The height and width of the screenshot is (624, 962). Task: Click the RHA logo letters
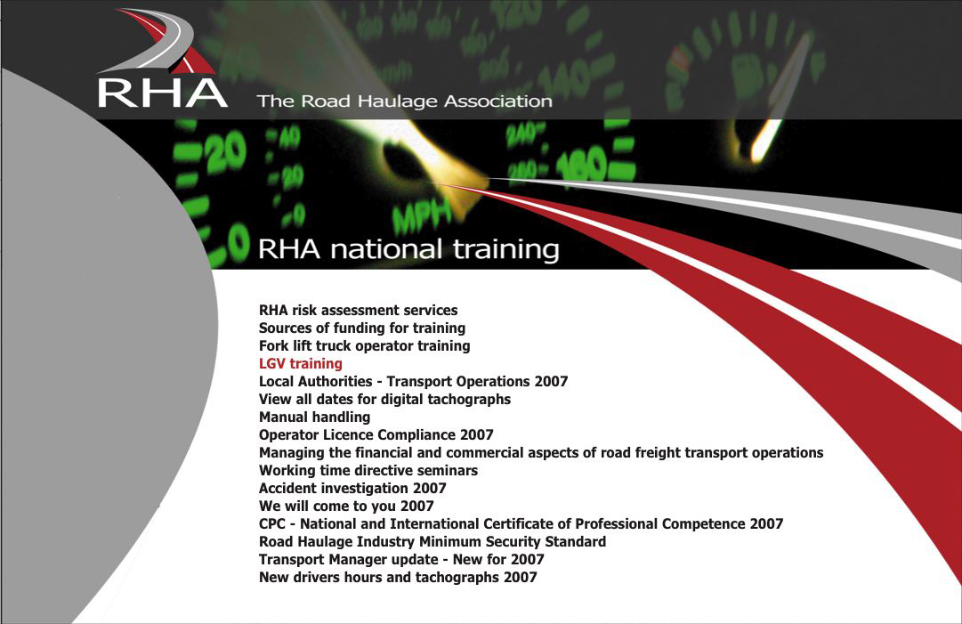point(163,93)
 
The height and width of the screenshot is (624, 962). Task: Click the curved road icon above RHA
point(158,40)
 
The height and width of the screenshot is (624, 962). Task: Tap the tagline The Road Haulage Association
point(404,101)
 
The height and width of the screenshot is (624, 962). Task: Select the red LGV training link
point(301,364)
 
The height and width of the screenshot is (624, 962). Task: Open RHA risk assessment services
point(359,311)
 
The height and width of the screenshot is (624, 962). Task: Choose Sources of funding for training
point(362,328)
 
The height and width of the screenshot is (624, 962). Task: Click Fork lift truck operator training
point(365,346)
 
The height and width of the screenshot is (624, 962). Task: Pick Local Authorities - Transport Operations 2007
point(414,382)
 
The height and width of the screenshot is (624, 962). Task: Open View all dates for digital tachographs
point(384,400)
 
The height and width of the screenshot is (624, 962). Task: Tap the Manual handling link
point(315,417)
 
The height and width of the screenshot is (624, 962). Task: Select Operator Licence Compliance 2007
point(376,435)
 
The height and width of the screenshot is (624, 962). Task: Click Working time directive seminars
point(368,471)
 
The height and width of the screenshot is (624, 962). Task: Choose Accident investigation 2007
point(352,489)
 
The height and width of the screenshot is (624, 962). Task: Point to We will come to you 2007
point(347,506)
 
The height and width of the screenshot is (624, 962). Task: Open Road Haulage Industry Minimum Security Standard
point(432,542)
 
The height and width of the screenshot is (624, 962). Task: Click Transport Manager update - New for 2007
point(402,560)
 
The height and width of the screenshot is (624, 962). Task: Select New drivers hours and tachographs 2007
point(398,578)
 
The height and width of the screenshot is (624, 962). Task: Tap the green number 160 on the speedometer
point(580,163)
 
